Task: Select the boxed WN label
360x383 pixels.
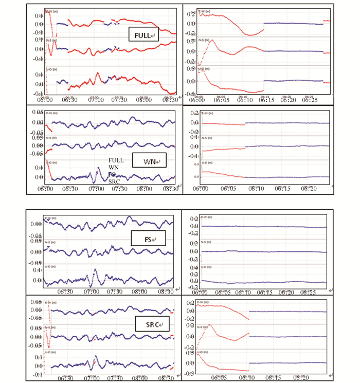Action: (x=147, y=162)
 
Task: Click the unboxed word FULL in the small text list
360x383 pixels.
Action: (x=116, y=160)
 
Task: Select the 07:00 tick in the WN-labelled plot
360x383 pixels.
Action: (x=95, y=189)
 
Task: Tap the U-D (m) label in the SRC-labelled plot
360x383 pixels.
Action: (x=51, y=353)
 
